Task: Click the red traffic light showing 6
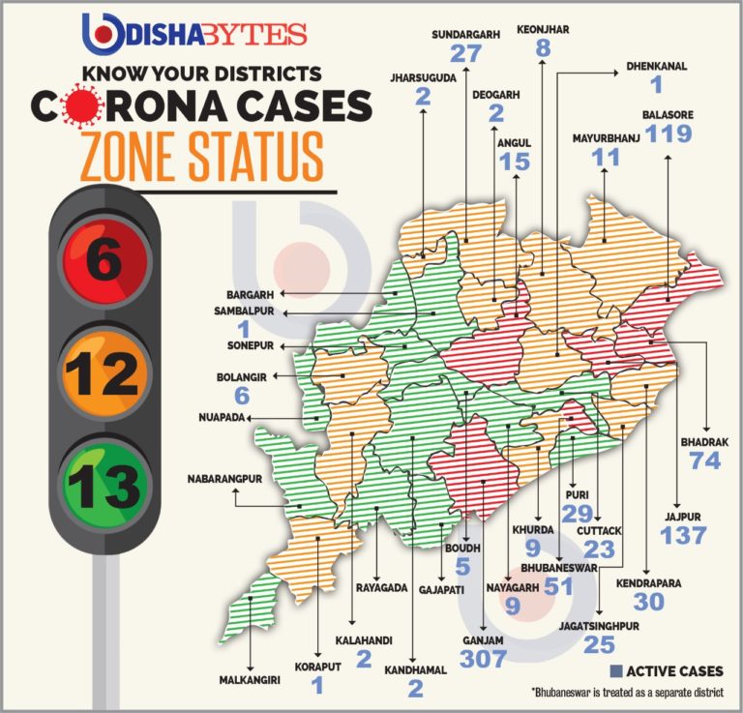pyautogui.click(x=104, y=260)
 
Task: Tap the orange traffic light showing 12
pyautogui.click(x=104, y=371)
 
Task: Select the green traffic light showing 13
pyautogui.click(x=104, y=481)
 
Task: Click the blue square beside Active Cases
pyautogui.click(x=615, y=671)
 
